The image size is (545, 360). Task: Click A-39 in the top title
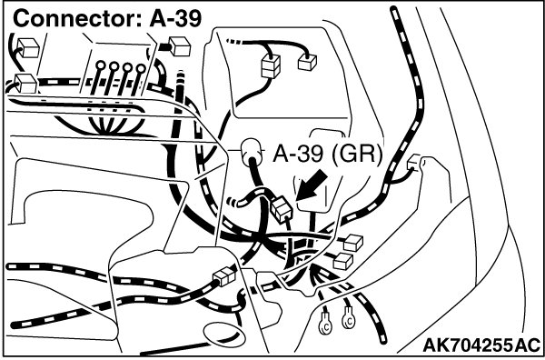tap(176, 18)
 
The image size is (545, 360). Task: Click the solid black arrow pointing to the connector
tap(311, 185)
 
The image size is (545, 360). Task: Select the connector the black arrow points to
tap(282, 209)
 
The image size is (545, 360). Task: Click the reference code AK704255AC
tap(481, 345)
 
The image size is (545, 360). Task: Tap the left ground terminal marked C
tap(325, 324)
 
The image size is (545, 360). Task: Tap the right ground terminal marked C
tap(348, 319)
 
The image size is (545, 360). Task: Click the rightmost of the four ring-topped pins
tap(138, 79)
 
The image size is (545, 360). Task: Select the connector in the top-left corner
tap(28, 47)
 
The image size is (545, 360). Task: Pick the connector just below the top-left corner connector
tap(25, 83)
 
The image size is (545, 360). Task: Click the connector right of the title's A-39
tap(179, 46)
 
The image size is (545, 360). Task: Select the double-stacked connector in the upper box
tap(270, 65)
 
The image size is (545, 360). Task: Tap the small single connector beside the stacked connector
tap(307, 63)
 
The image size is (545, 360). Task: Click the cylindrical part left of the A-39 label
tap(251, 150)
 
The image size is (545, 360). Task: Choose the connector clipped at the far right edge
tap(415, 163)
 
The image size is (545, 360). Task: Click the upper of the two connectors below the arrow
tap(352, 243)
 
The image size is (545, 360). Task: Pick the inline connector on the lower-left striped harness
tap(224, 276)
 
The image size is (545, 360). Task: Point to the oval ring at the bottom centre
tap(221, 334)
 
